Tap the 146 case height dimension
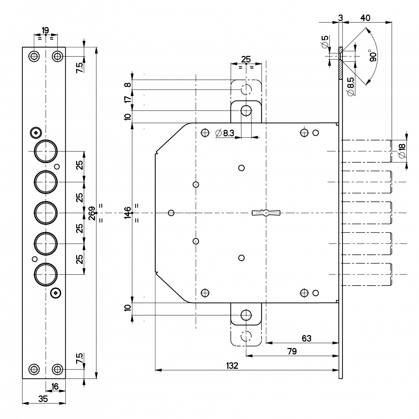pos(128,212)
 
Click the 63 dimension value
pos(306,338)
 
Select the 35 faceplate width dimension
pos(43,399)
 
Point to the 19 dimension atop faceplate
pos(45,30)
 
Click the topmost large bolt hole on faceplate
pos(45,151)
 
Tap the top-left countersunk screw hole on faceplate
pos(34,56)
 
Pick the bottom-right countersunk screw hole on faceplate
pos(57,369)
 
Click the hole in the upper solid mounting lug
pos(246,111)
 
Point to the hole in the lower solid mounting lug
pos(246,315)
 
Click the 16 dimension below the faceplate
pos(55,387)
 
